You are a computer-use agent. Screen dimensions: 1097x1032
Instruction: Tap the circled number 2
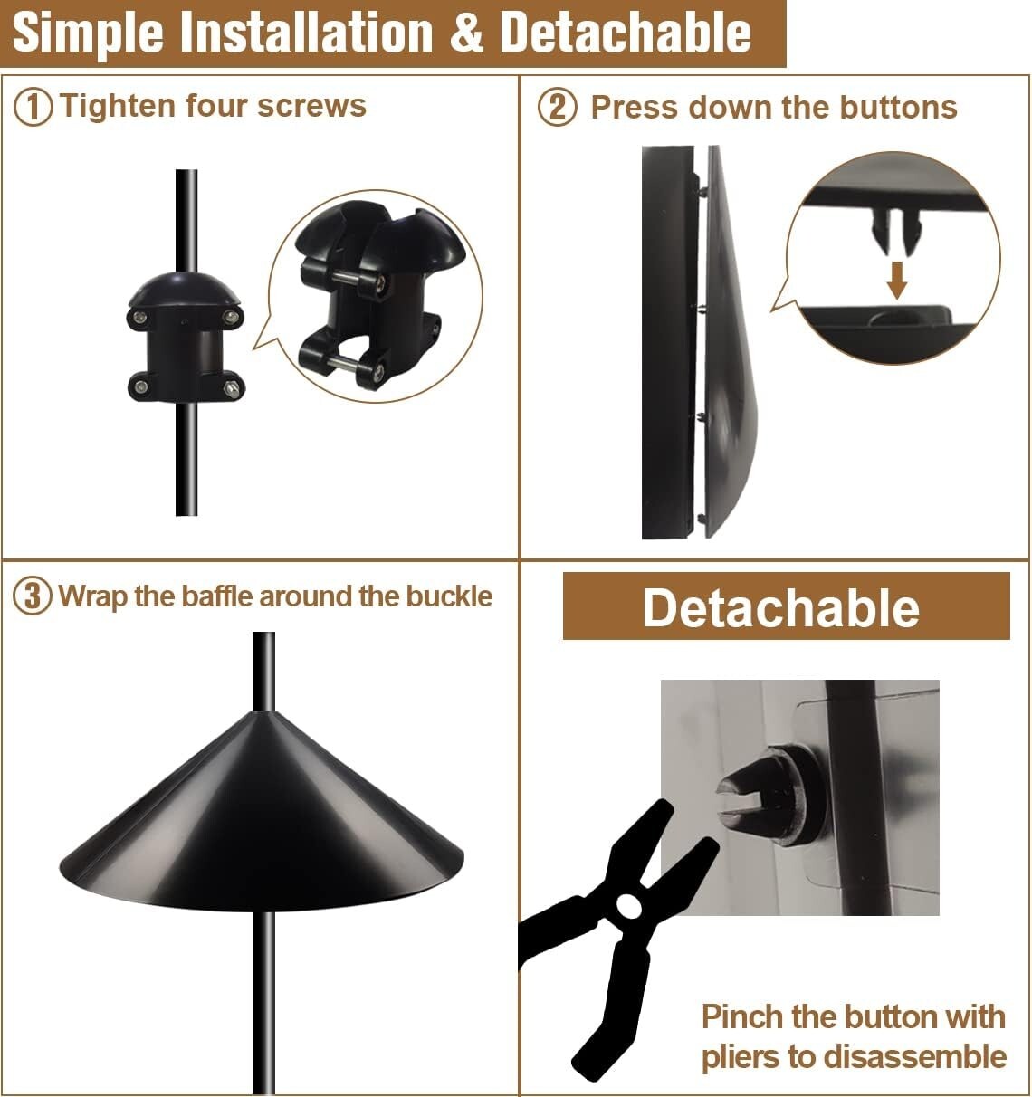[x=557, y=108]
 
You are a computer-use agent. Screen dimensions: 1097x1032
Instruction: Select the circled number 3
[x=33, y=597]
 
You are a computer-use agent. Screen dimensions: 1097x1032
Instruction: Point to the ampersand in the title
[x=466, y=33]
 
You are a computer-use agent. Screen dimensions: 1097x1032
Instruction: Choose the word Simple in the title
[x=87, y=33]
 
